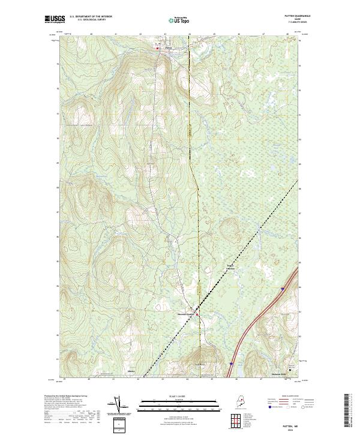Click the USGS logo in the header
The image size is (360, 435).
pos(55,19)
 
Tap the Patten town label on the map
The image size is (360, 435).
pos(169,47)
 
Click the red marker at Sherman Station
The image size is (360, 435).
pos(199,316)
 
